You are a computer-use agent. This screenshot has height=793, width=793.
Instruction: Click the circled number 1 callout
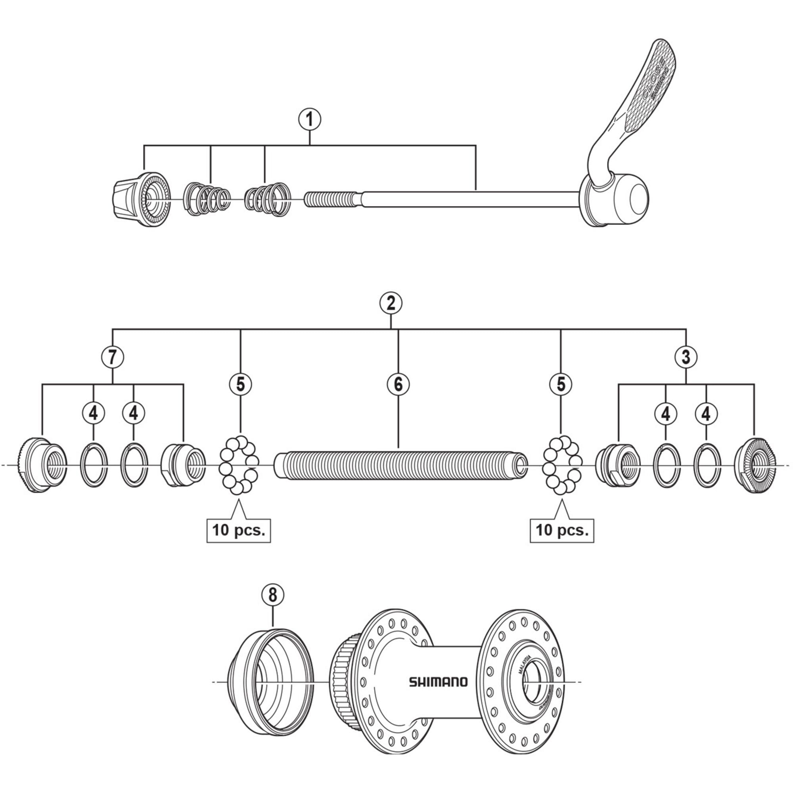310,119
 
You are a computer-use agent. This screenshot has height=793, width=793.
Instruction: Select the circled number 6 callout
398,384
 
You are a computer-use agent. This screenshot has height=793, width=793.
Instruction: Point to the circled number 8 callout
273,595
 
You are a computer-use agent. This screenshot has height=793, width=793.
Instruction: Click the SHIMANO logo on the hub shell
438,682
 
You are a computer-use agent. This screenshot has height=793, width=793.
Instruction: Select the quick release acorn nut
140,199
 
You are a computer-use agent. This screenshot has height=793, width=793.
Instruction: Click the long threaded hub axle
400,465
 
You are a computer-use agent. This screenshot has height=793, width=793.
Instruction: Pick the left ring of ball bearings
238,465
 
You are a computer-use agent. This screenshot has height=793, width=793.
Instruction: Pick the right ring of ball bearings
561,465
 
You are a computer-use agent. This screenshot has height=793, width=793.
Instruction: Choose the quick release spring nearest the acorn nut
207,199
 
